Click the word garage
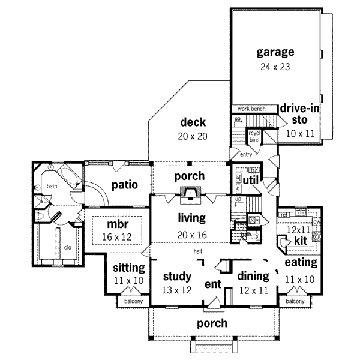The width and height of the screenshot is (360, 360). click(x=275, y=52)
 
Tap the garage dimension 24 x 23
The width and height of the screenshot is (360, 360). click(x=275, y=67)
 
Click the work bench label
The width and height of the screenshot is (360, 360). click(x=251, y=109)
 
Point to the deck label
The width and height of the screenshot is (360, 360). click(x=192, y=123)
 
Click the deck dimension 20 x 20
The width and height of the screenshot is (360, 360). click(x=192, y=136)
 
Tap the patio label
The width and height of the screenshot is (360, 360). click(x=124, y=185)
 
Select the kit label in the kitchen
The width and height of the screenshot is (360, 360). click(x=301, y=240)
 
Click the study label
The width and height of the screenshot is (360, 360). click(x=177, y=277)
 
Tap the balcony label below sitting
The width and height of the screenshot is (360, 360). click(x=133, y=301)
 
